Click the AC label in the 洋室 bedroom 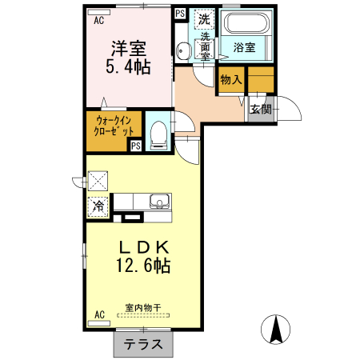click(98, 21)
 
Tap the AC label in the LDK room click(100, 314)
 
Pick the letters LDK click(142, 246)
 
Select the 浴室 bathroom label click(244, 48)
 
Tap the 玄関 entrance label click(259, 110)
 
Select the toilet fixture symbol click(158, 134)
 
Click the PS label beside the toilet click(136, 146)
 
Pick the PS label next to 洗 click(180, 14)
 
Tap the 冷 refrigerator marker click(98, 206)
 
